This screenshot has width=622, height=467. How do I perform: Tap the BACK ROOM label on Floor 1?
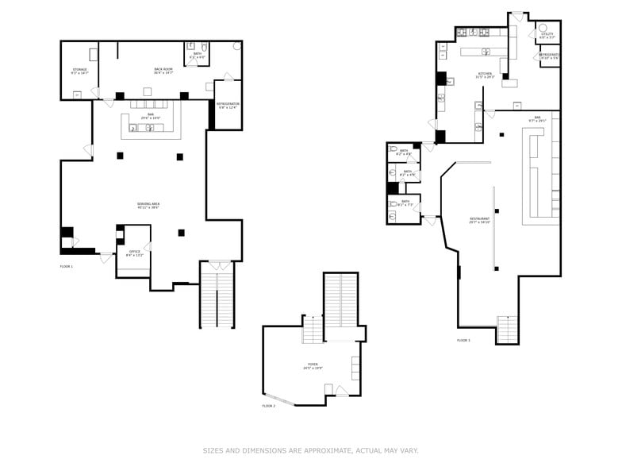tap(163, 71)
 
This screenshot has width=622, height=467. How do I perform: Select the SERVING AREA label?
tap(148, 206)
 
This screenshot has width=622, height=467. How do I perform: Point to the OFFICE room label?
tap(135, 253)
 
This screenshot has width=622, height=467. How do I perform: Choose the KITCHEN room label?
tap(485, 75)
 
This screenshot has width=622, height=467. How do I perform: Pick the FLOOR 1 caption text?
tap(67, 266)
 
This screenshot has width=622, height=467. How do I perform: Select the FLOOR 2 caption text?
tap(269, 405)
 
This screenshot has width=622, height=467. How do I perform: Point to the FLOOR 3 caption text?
tap(463, 340)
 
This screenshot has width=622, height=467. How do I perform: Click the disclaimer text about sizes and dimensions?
tap(310, 450)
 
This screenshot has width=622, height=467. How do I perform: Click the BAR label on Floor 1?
tap(146, 117)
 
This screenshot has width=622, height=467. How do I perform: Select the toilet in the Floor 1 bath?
tap(204, 47)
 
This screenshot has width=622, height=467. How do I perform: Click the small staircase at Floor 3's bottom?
tap(507, 327)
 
